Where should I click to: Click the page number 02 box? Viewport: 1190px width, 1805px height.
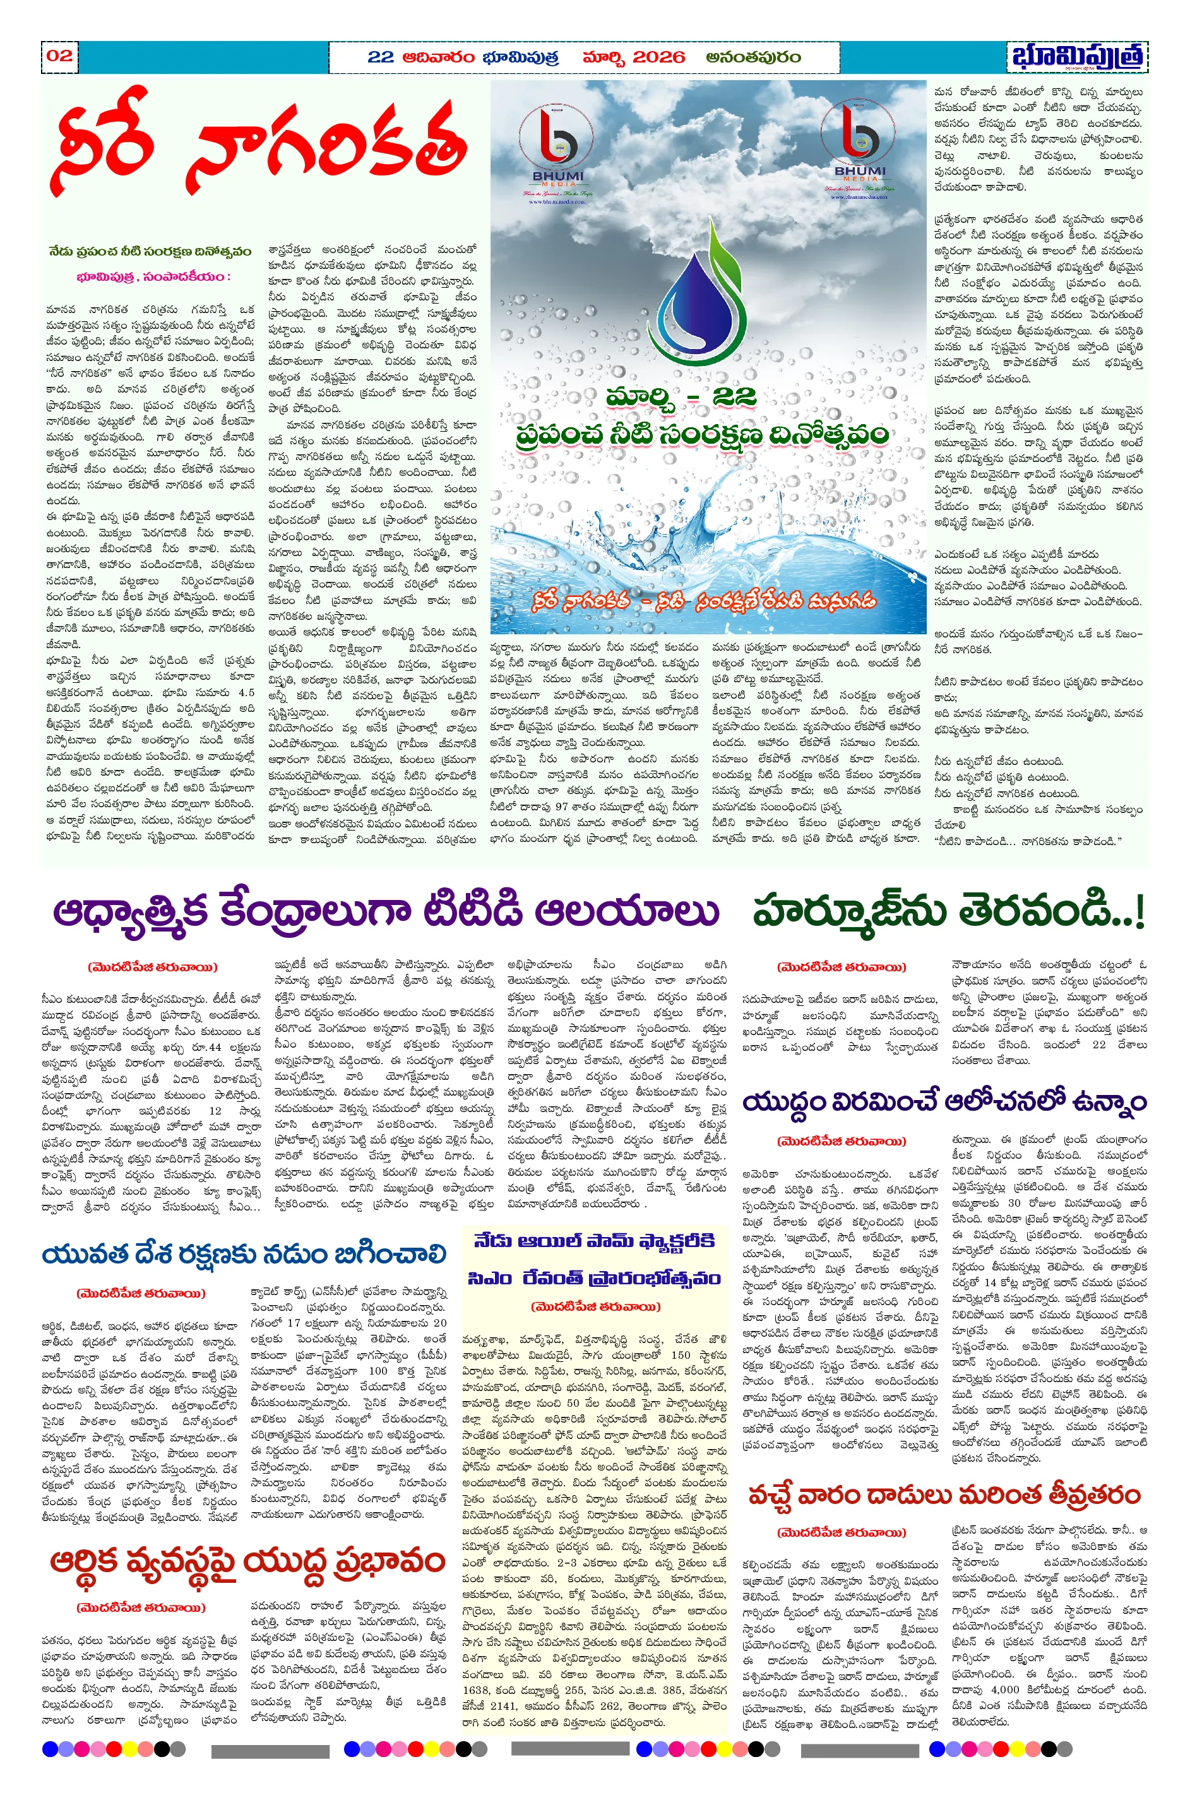[x=59, y=56]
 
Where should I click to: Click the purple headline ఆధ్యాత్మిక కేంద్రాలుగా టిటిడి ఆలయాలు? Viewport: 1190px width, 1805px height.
[x=386, y=911]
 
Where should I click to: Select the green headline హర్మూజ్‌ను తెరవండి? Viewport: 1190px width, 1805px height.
[x=948, y=911]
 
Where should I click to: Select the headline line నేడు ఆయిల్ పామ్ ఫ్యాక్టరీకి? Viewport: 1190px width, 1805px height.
[x=594, y=1241]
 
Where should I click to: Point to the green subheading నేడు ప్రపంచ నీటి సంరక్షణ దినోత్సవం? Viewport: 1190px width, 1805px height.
[x=150, y=252]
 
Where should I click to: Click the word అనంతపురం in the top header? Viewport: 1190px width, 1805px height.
[x=752, y=57]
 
